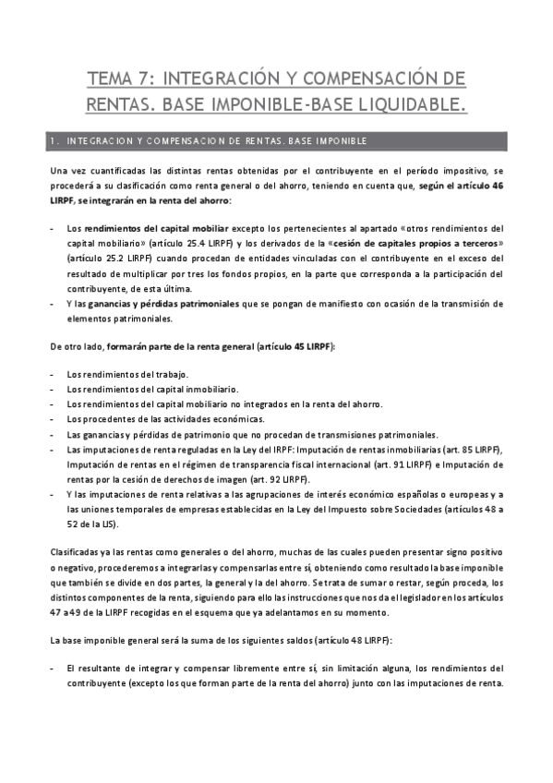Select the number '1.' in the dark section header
pyautogui.click(x=56, y=141)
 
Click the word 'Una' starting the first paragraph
pyautogui.click(x=60, y=172)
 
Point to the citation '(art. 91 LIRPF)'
pyautogui.click(x=352, y=464)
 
